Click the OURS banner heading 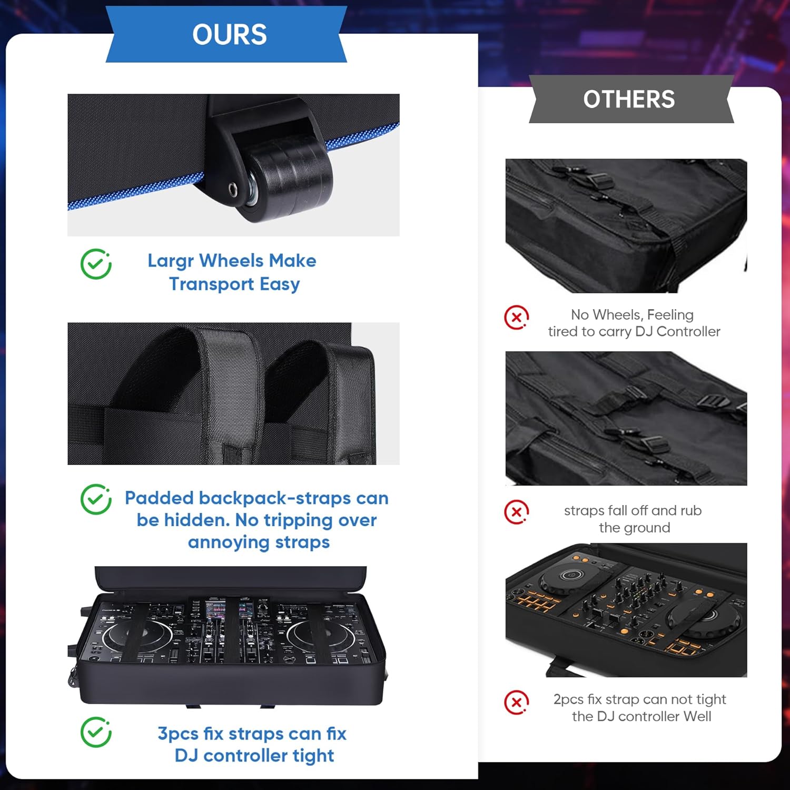(230, 35)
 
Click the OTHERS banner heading (629, 100)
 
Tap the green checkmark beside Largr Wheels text (96, 264)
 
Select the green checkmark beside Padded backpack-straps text (96, 499)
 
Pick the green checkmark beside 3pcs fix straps (96, 732)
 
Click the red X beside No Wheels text (517, 318)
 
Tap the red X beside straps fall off (517, 512)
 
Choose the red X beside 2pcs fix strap (517, 702)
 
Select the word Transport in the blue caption (212, 284)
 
